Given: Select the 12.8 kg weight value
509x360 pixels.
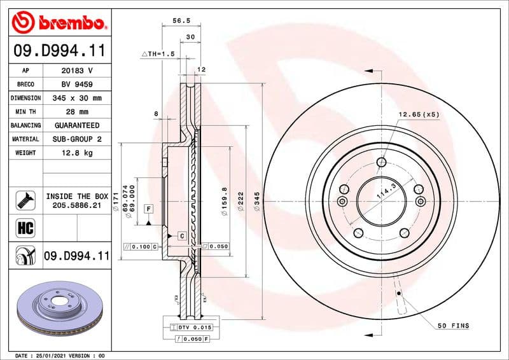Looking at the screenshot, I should [76, 153].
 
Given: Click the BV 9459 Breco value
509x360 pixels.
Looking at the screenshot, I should [76, 84].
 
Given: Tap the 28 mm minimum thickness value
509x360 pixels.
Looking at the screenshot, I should [76, 112].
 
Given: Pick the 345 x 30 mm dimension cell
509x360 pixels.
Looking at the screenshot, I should [76, 98].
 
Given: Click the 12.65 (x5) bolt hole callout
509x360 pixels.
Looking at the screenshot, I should [419, 114].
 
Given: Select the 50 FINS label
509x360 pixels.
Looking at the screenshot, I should [452, 326].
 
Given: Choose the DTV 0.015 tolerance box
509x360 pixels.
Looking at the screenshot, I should [191, 327].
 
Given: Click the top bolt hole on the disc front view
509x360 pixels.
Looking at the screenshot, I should [380, 162].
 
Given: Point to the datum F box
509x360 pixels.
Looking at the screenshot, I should [148, 209].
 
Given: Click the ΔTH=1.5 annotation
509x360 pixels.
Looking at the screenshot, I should [157, 55].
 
